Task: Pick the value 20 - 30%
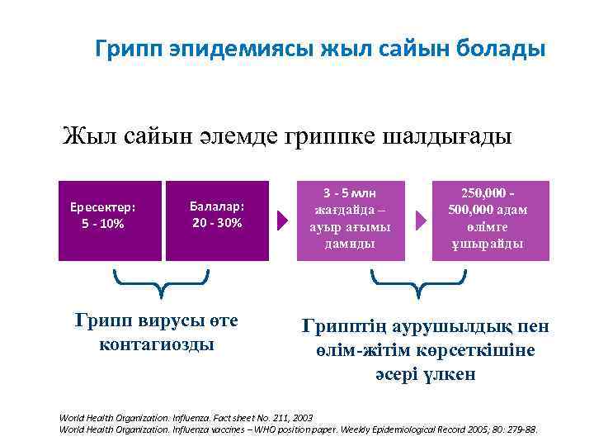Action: (x=217, y=223)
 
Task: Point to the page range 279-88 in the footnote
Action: (x=521, y=429)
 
